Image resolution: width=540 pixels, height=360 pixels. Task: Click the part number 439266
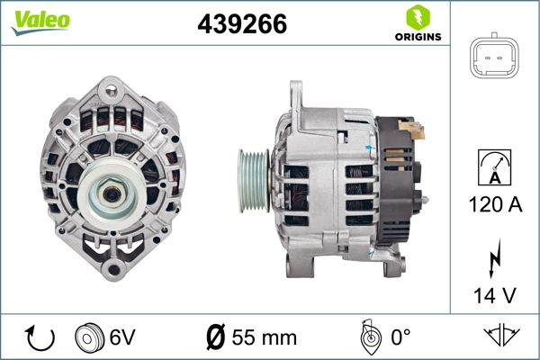242,25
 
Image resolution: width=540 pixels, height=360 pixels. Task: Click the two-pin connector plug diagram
497,60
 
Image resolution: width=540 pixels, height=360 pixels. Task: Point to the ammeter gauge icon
496,168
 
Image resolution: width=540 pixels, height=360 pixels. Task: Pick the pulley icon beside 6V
88,337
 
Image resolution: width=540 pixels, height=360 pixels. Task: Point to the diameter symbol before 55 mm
216,338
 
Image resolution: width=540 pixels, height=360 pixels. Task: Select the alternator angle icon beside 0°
368,337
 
